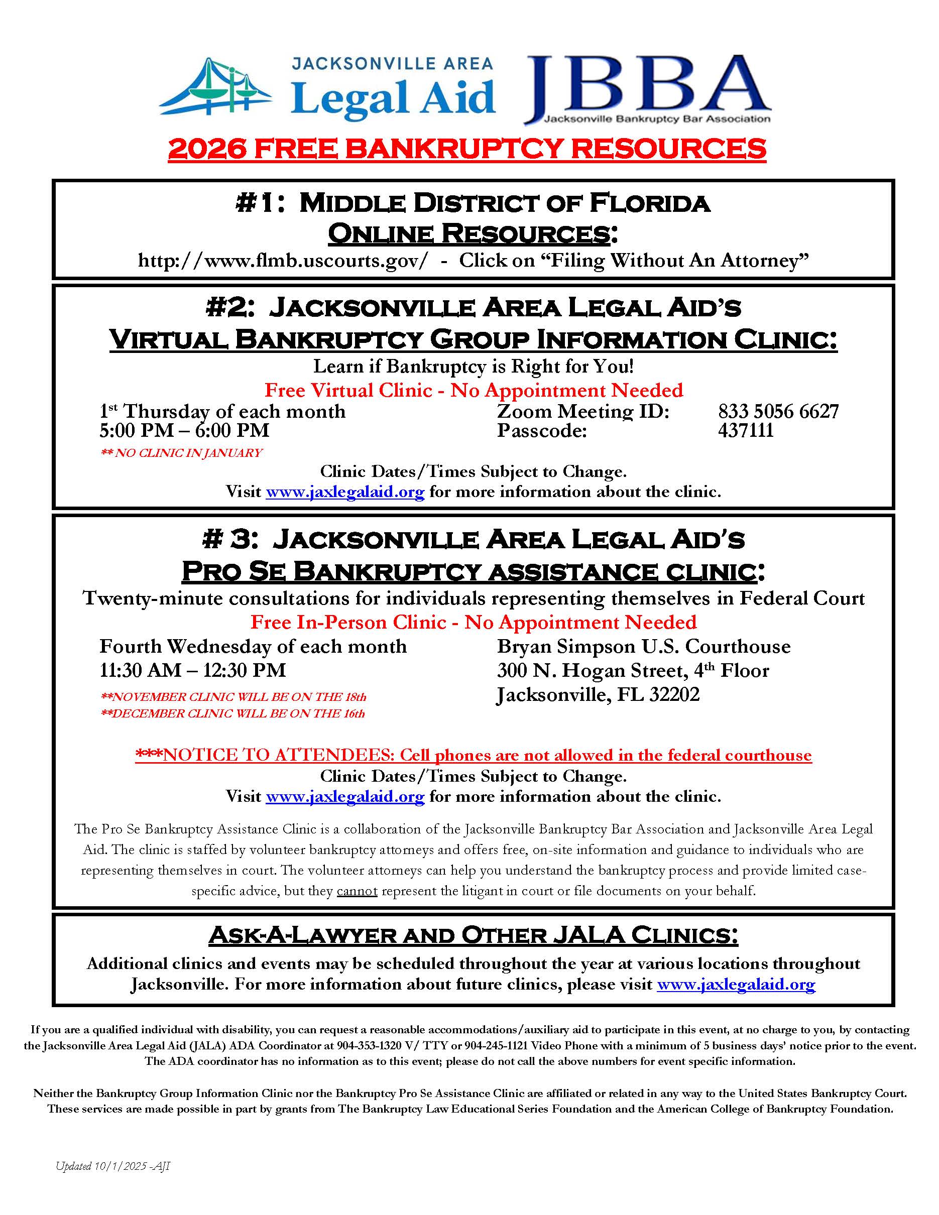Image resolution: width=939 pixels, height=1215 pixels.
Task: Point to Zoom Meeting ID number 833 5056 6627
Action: tap(778, 411)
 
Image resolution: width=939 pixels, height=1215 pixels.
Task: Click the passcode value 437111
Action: tap(745, 430)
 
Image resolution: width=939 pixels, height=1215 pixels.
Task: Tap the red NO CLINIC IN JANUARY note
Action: tap(181, 453)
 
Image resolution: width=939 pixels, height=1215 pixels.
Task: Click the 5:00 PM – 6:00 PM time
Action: tap(184, 430)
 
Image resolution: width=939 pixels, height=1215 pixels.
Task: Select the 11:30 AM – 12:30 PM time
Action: tap(192, 670)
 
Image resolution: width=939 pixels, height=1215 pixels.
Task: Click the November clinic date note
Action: tap(233, 696)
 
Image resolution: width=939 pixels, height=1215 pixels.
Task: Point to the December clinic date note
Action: tap(232, 713)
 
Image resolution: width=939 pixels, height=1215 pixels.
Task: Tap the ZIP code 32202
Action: tap(674, 694)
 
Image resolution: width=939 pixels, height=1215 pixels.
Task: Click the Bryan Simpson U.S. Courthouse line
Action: tap(644, 647)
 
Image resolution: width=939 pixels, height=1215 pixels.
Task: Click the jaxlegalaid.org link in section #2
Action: tap(345, 492)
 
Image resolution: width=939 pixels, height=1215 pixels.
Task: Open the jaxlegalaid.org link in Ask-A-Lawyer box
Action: tap(736, 984)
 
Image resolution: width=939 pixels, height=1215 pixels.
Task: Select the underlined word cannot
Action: tap(357, 891)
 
